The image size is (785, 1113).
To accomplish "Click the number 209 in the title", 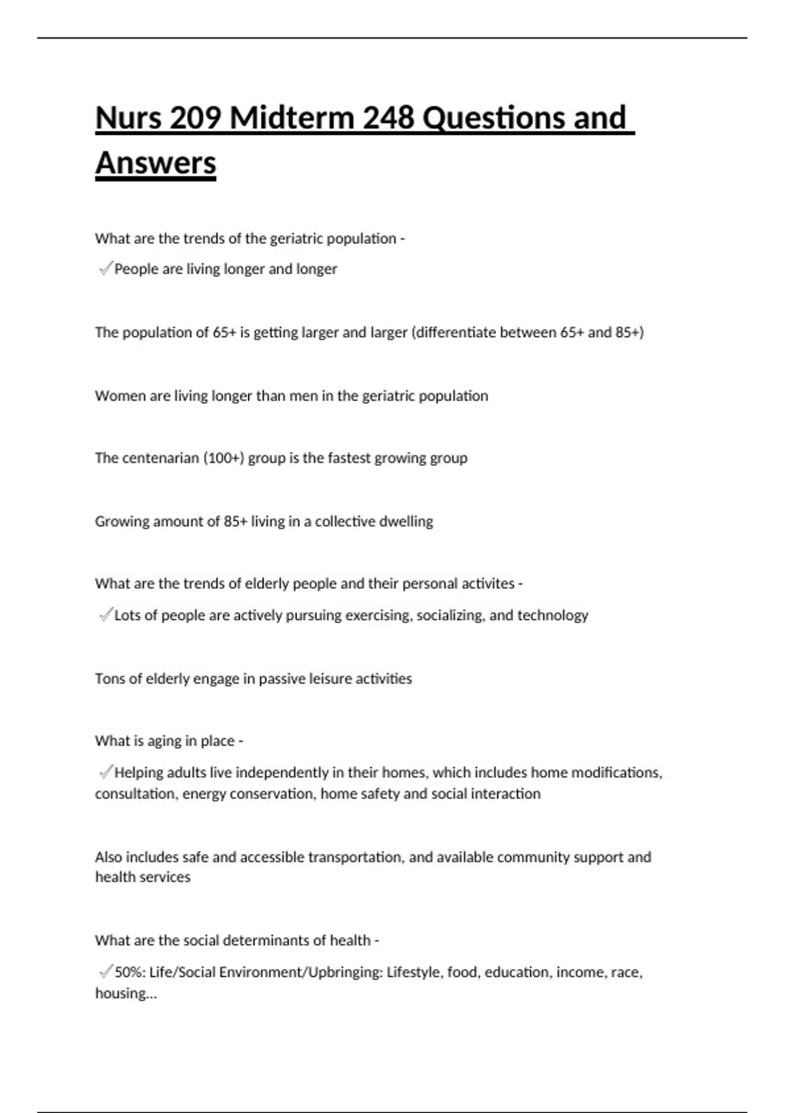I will click(195, 119).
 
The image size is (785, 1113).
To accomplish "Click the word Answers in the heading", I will click(156, 163).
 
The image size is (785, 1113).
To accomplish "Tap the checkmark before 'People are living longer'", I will click(105, 268).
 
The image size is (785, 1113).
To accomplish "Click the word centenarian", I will click(160, 458).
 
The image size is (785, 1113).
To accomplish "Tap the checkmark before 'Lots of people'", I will click(105, 615).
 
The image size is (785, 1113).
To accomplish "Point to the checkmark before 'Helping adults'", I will click(105, 773).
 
